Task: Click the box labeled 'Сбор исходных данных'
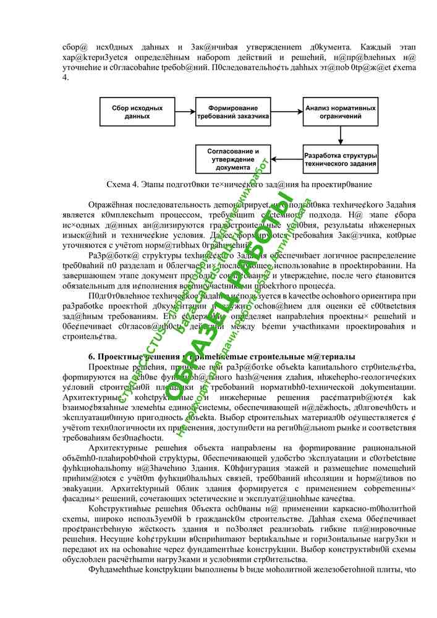pos(137,112)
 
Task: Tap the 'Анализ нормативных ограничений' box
pos(340,112)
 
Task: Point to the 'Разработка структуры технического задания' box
pos(340,159)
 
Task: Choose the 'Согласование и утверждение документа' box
pos(233,159)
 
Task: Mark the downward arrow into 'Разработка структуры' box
pos(340,135)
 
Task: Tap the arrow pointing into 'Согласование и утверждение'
pos(285,159)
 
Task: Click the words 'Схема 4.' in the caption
pos(122,184)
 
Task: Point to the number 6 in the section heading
pos(91,357)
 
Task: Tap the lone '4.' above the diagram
pos(66,78)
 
